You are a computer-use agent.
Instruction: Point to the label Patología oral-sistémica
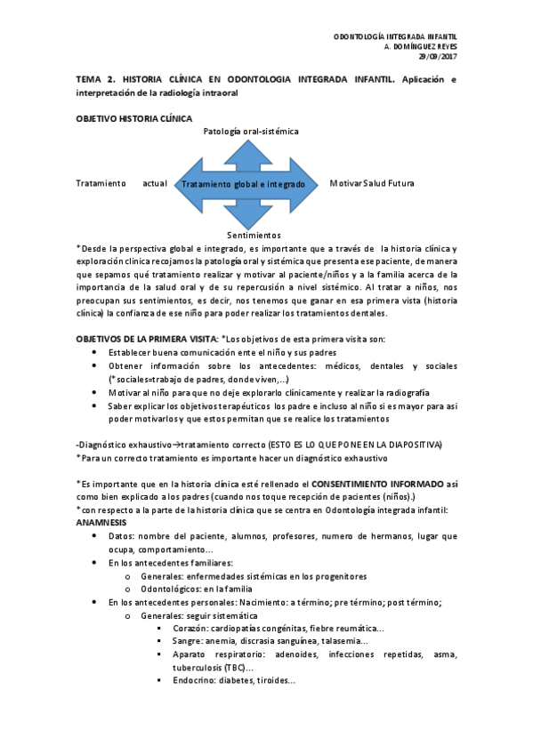[x=251, y=131]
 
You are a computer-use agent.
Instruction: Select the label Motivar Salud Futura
[x=372, y=184]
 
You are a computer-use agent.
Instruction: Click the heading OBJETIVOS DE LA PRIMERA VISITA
[x=145, y=340]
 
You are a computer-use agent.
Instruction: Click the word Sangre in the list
[x=189, y=640]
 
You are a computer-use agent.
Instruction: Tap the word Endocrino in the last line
[x=196, y=681]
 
